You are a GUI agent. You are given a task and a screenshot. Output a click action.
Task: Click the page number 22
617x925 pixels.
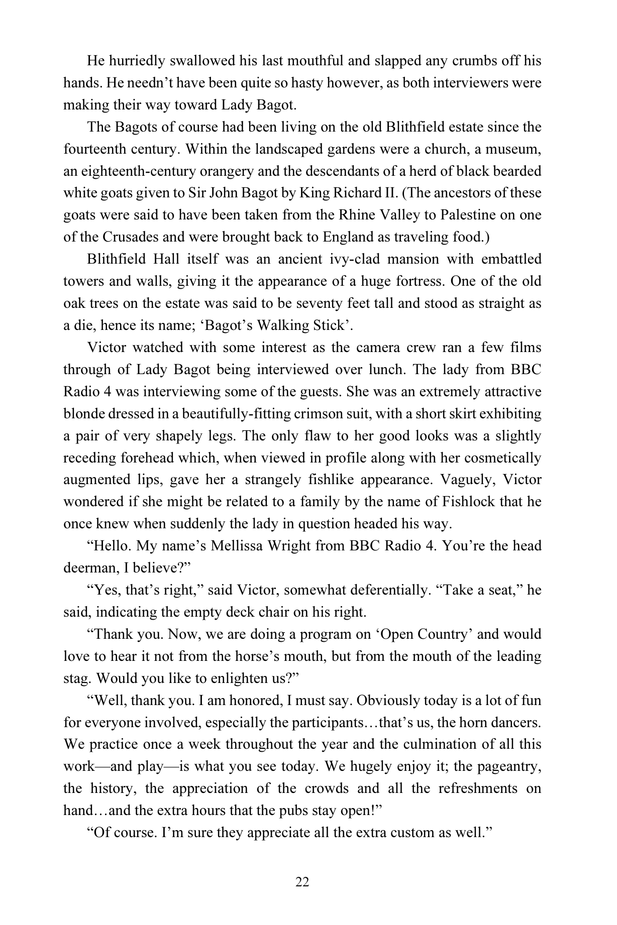pyautogui.click(x=302, y=882)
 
